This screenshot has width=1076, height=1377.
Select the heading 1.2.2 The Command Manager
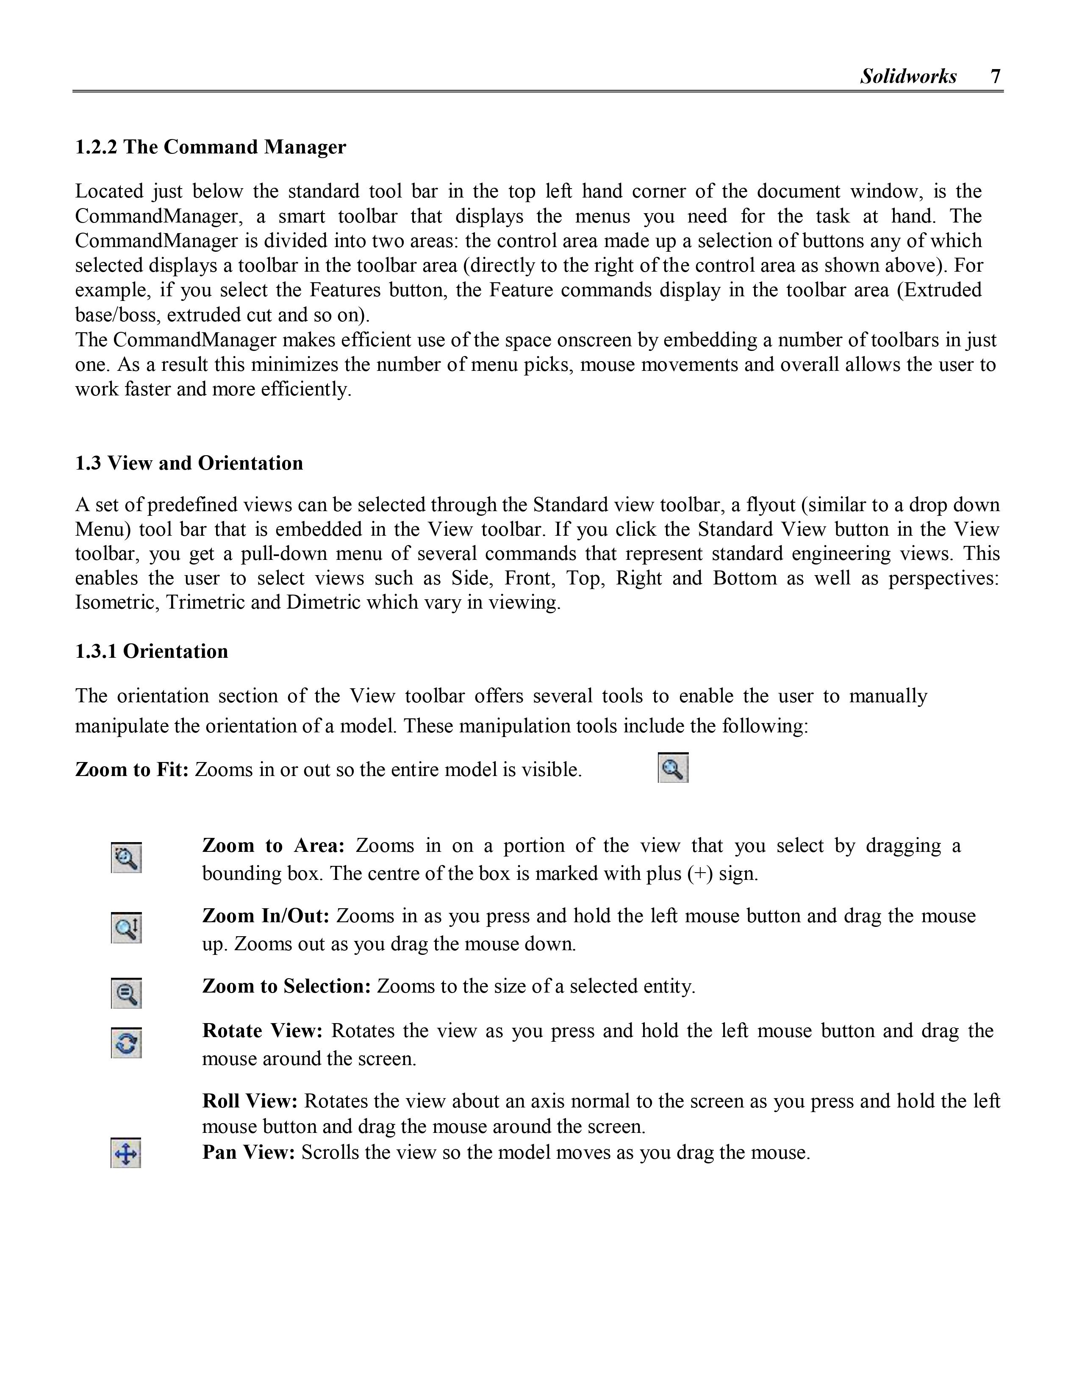click(x=211, y=147)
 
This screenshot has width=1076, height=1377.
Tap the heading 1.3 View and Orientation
click(x=189, y=463)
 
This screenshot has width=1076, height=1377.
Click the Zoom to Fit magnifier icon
click(x=673, y=768)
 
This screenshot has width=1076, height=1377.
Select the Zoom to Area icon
click(x=126, y=857)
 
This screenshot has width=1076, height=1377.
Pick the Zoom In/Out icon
click(x=126, y=927)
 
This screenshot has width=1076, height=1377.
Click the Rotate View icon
click(x=126, y=1043)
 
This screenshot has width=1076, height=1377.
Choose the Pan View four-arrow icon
click(x=125, y=1153)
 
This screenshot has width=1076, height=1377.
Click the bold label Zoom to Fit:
click(x=132, y=770)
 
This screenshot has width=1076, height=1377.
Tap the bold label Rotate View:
click(x=262, y=1031)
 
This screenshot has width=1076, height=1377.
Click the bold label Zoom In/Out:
click(x=265, y=916)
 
